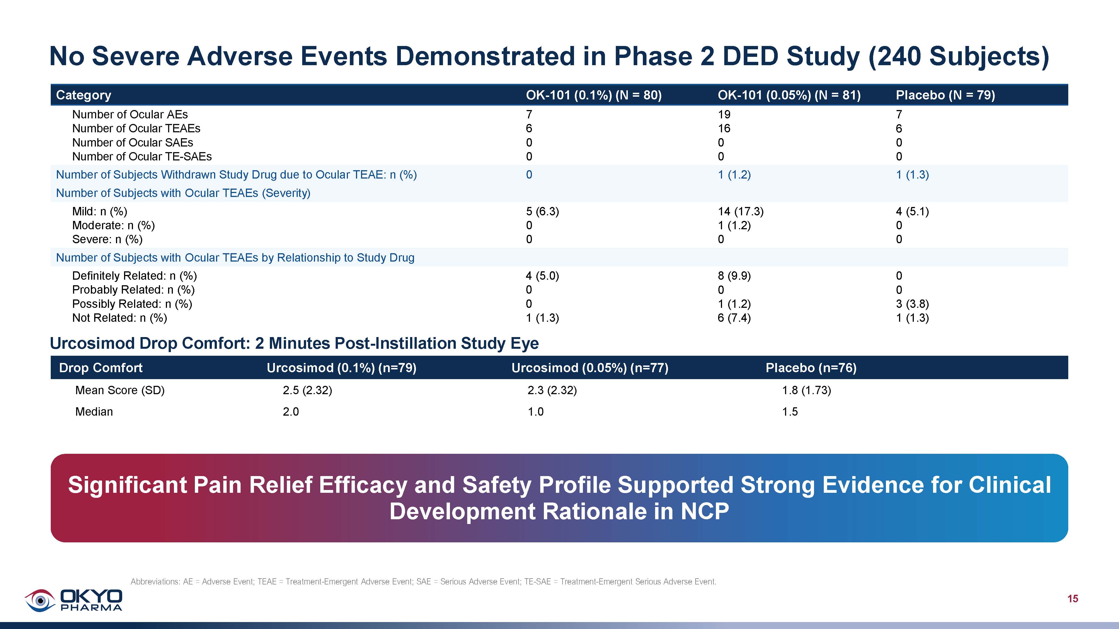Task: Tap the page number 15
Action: click(1072, 599)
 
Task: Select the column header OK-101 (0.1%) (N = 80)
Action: click(594, 95)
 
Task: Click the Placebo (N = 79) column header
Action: click(945, 95)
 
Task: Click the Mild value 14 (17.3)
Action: click(740, 211)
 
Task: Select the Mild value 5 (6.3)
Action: click(542, 211)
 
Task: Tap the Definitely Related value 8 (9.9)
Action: click(734, 276)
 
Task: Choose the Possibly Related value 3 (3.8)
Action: click(912, 304)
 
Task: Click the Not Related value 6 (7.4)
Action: click(734, 318)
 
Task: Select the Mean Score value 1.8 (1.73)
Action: click(806, 390)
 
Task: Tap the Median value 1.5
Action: click(790, 411)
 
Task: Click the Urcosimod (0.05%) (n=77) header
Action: click(590, 368)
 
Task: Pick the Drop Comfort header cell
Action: click(100, 368)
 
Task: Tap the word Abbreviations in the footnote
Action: click(155, 581)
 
